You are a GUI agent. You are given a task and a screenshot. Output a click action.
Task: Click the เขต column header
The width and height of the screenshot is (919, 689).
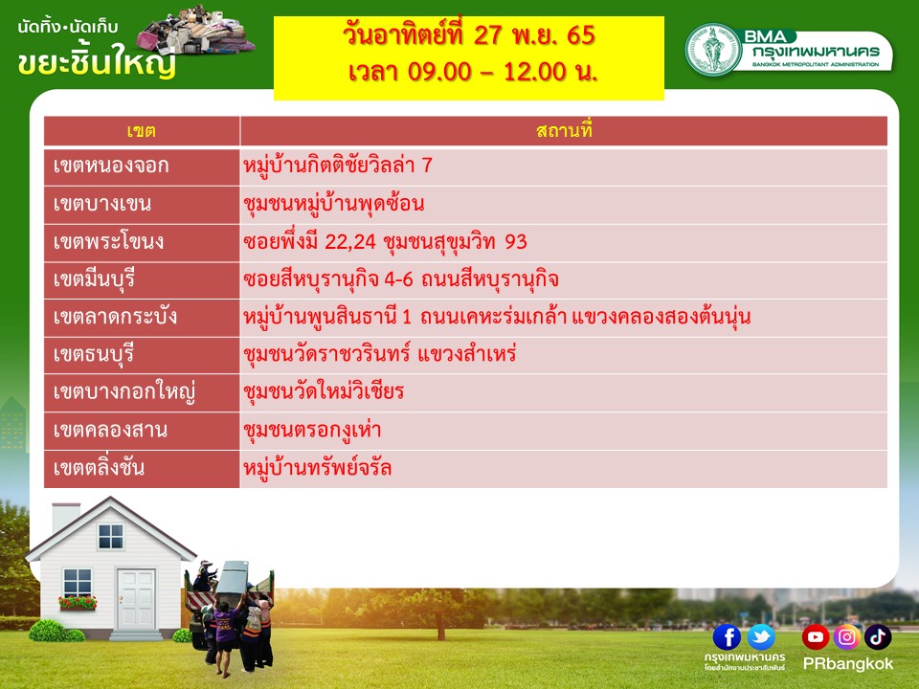pos(142,131)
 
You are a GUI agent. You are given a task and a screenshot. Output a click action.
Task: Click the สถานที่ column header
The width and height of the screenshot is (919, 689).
pos(564,131)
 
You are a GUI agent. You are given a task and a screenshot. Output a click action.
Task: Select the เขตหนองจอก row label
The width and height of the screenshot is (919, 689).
pos(142,167)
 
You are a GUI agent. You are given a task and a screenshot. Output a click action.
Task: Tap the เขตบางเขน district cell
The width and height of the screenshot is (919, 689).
pos(142,205)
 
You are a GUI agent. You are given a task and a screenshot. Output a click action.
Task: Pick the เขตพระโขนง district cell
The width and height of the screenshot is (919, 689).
pos(142,242)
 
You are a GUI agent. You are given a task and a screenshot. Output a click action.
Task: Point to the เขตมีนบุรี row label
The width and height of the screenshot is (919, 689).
pos(142,280)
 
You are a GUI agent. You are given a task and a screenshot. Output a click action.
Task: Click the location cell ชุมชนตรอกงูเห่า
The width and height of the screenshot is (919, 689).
pos(564,431)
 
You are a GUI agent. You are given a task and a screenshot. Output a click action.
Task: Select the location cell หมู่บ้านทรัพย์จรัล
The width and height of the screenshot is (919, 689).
pos(564,469)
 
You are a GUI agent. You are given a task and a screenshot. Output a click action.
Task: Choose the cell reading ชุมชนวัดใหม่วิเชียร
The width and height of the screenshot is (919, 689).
pos(564,393)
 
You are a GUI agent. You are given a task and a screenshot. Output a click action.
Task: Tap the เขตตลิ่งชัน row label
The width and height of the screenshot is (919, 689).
pos(142,469)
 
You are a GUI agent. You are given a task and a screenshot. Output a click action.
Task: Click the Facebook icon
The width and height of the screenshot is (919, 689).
pos(727,637)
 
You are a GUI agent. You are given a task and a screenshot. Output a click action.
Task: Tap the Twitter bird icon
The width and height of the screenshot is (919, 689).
pos(761,637)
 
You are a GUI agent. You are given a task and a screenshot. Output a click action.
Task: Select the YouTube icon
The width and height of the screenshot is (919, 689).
pos(816,637)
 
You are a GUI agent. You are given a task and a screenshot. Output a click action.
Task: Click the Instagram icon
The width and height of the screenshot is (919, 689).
pos(846,637)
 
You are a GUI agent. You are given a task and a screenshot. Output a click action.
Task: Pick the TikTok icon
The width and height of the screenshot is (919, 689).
pos(878,637)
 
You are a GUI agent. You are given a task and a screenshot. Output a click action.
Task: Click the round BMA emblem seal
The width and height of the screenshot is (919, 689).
pos(713,49)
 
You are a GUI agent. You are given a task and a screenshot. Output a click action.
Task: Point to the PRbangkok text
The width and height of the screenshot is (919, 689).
pos(847,664)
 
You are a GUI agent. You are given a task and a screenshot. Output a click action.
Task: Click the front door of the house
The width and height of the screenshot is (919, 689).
pos(136,599)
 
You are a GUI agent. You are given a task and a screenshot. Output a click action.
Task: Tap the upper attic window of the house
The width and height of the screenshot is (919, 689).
pos(111,537)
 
